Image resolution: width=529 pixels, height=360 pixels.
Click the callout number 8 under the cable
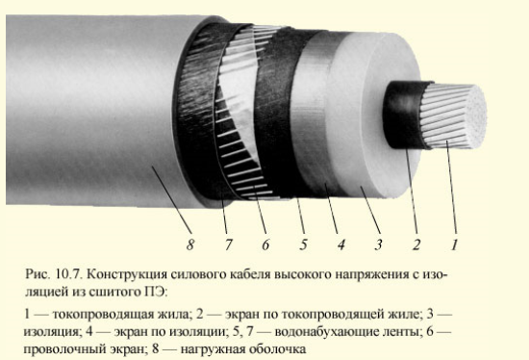coord(190,244)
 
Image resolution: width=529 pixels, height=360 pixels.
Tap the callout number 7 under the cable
coord(229,244)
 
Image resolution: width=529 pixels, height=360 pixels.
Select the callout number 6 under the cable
coord(265,244)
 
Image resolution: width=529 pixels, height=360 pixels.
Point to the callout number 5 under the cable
coord(303,244)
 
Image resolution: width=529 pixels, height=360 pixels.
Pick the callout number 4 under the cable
coord(341,244)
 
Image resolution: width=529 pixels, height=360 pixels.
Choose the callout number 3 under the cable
coord(379,244)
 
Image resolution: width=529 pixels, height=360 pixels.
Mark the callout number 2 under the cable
coord(416,244)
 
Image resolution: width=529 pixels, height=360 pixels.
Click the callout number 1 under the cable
coord(454,244)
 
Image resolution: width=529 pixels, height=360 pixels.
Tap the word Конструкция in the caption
coord(127,275)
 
